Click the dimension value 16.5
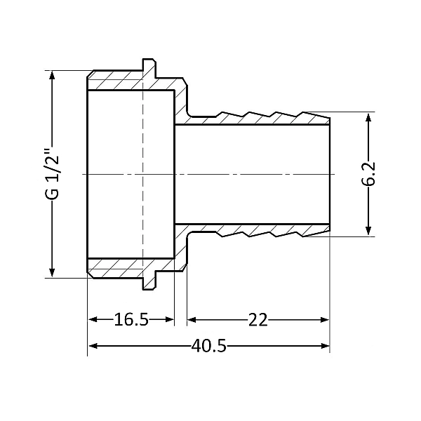pos(131,321)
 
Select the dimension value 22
pos(258,321)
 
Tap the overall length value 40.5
pos(208,347)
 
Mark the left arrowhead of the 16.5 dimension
pos(92,320)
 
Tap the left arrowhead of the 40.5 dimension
pos(92,346)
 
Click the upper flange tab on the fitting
pos(149,66)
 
